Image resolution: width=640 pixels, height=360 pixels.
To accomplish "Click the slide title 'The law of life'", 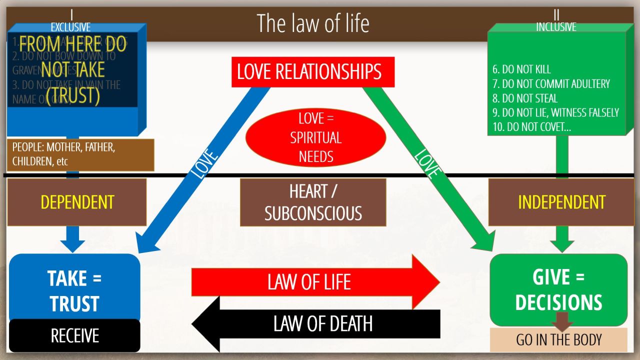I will tap(313, 23).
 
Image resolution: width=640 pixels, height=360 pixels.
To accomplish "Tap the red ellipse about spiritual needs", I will tap(316, 137).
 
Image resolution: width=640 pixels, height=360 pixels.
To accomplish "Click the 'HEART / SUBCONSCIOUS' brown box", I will tap(313, 202).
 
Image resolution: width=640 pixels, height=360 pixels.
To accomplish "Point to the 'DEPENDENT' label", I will tap(77, 202).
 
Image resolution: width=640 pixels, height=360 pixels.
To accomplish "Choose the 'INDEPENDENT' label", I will tap(561, 202).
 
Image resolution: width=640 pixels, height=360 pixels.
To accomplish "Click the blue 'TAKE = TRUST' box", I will tap(74, 287).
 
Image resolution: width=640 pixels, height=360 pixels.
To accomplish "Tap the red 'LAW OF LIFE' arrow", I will tap(310, 282).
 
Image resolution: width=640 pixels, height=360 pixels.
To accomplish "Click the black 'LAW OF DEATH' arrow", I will tap(320, 324).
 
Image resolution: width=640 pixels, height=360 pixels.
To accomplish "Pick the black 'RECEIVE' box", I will tap(74, 335).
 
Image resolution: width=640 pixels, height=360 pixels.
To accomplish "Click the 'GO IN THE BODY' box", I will tap(558, 340).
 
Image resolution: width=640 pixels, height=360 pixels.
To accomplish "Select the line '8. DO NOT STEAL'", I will tap(524, 98).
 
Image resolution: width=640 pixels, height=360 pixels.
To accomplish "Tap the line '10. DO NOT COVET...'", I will tap(531, 127).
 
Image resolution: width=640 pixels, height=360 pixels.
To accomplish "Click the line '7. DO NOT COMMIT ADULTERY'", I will tap(551, 83).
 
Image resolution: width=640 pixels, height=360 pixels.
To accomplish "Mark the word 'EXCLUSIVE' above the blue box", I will tap(70, 27).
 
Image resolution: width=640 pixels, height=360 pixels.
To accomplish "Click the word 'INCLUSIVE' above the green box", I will tap(556, 27).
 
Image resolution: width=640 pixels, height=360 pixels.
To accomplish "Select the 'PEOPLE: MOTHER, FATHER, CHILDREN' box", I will tap(80, 155).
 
